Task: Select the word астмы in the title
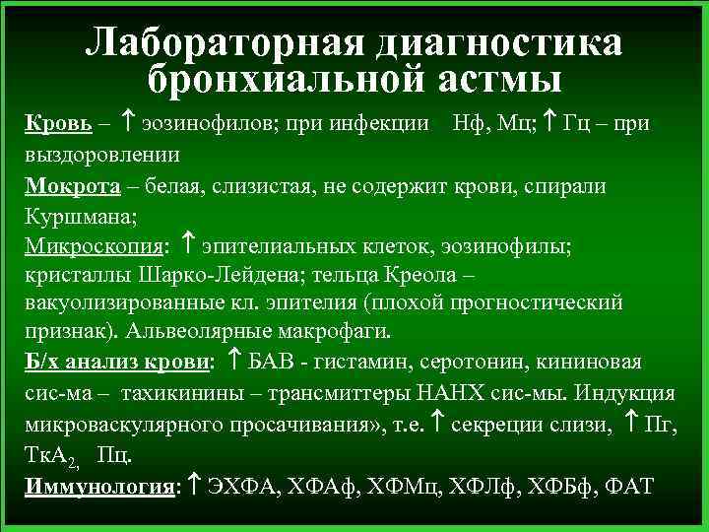480,80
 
